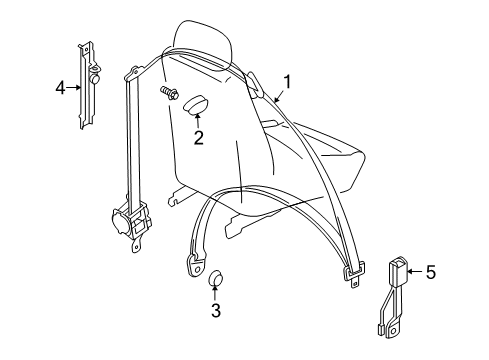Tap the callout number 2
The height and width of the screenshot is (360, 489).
pyautogui.click(x=198, y=138)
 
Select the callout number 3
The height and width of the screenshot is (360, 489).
pyautogui.click(x=215, y=309)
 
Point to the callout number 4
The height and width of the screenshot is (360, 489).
pyautogui.click(x=61, y=88)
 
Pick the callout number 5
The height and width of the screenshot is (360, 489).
pyautogui.click(x=431, y=269)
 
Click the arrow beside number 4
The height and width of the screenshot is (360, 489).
pyautogui.click(x=75, y=88)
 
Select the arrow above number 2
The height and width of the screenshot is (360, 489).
pyautogui.click(x=198, y=121)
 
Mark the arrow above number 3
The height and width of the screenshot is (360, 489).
pyautogui.click(x=215, y=292)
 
